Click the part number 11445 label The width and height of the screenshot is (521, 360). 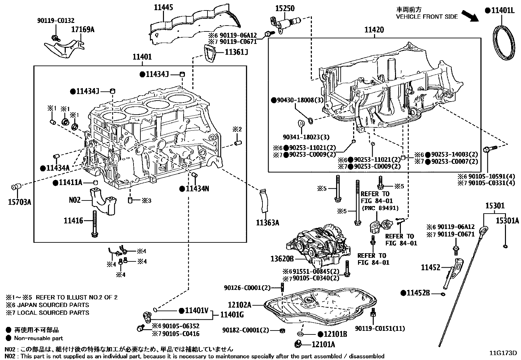pyautogui.click(x=164, y=7)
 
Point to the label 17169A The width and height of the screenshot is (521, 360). pyautogui.click(x=83, y=29)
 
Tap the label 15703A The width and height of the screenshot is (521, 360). pyautogui.click(x=20, y=202)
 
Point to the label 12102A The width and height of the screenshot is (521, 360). pyautogui.click(x=240, y=305)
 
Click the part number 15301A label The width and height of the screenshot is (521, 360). pyautogui.click(x=507, y=221)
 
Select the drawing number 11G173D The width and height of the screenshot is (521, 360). pyautogui.click(x=503, y=353)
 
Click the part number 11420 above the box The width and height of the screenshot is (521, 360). pyautogui.click(x=374, y=30)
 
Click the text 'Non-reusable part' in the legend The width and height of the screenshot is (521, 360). pyautogui.click(x=38, y=338)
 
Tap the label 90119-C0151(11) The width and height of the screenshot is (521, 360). pyautogui.click(x=380, y=328)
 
